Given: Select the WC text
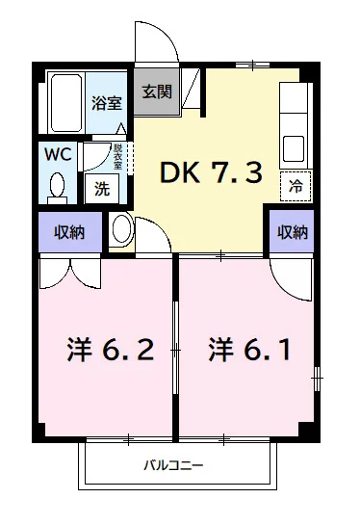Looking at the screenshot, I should pos(55,154).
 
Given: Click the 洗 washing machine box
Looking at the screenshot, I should pos(101,189).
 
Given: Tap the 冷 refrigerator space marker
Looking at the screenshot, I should pos(296,187).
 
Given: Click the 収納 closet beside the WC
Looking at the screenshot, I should pos(68,232).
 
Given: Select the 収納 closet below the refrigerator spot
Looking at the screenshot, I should pos(293,232).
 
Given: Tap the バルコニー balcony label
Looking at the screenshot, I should pos(173,465).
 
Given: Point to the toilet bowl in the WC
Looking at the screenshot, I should pos(56,185).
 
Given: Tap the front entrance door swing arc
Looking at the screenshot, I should pos(153,43).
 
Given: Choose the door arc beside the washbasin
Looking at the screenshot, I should pos(151,233).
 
